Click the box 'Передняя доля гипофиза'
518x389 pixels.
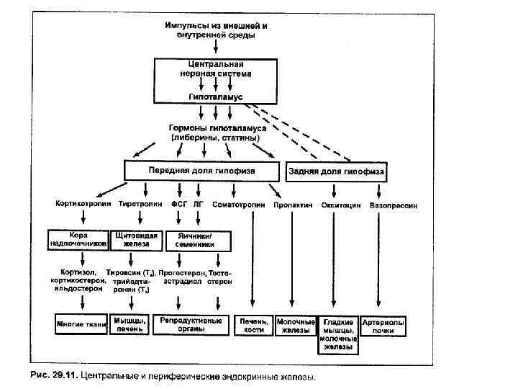[x=201, y=171]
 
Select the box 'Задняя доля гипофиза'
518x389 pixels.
[x=336, y=172]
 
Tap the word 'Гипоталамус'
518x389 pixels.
[x=215, y=96]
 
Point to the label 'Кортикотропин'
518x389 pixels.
[x=82, y=205]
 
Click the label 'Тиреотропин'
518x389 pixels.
[x=139, y=205]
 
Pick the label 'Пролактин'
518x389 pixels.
[x=293, y=205]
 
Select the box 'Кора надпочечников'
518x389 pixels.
[x=78, y=239]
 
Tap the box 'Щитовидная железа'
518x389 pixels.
[x=131, y=239]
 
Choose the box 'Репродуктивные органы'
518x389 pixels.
[x=191, y=324]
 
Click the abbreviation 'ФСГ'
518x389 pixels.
[x=179, y=205]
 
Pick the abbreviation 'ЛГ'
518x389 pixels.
[x=199, y=205]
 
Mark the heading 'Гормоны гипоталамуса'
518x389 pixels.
[x=215, y=127]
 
